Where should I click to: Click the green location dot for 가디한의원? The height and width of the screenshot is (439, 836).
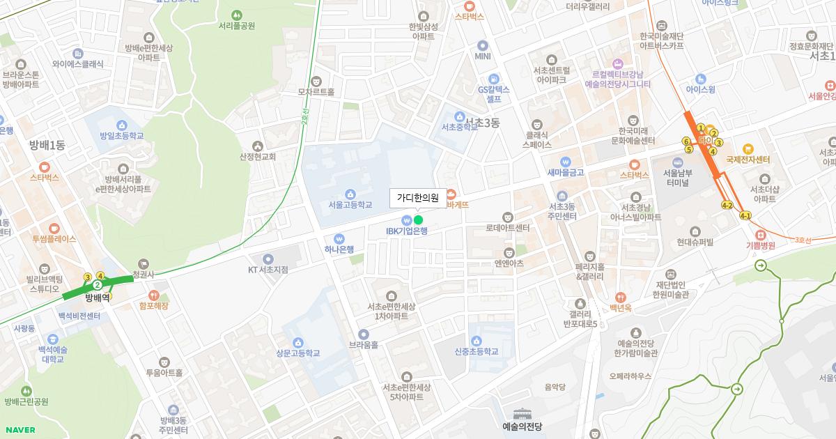coord(418,220)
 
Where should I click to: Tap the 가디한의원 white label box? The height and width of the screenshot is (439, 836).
coord(417,198)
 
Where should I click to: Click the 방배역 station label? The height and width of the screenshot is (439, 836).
coord(98,297)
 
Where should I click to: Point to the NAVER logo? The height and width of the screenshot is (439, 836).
coord(19,430)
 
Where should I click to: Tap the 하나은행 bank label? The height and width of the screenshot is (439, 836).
coord(339,249)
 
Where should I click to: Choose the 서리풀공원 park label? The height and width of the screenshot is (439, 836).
coord(236,26)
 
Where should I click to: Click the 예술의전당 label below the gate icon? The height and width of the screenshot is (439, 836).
coord(522,426)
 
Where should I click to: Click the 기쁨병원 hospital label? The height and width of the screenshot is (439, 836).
coord(760,245)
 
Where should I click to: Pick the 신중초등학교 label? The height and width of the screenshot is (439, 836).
coord(477,352)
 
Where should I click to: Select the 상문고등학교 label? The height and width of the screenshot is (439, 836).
coord(297,353)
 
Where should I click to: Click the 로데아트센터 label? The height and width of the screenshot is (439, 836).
coord(508,228)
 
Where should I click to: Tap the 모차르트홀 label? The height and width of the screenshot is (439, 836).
coord(316,91)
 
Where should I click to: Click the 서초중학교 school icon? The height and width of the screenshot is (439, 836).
coord(459,116)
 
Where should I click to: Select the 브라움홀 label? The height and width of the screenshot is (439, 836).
coord(364,344)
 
